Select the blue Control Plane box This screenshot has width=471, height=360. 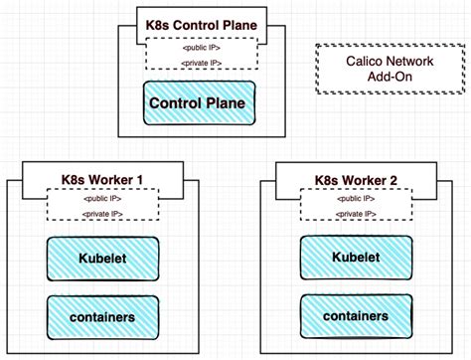coord(197,103)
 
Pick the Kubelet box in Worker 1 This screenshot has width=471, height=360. coord(96,260)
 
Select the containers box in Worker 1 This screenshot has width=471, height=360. coord(96,315)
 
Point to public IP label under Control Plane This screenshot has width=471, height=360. coord(202,48)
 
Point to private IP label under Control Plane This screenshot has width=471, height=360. coord(202,64)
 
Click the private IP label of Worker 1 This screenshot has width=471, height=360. coord(96,213)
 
